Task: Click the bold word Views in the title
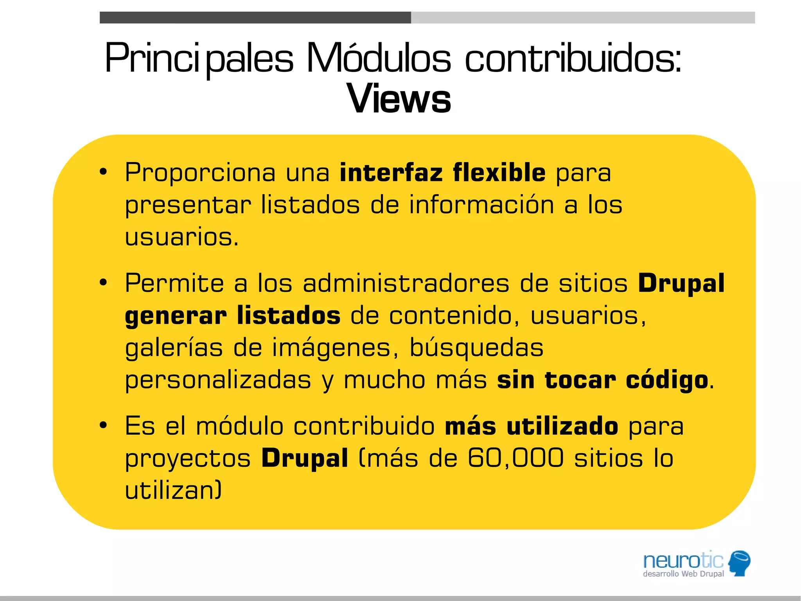[399, 99]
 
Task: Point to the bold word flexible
[499, 173]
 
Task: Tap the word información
[481, 205]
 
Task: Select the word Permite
[174, 283]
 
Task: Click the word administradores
[406, 283]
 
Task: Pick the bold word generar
[176, 316]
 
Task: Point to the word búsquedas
[476, 347]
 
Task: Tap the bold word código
[667, 380]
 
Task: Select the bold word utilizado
[562, 426]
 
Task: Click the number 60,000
[516, 458]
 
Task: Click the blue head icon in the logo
[740, 563]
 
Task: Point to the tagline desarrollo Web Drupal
[683, 574]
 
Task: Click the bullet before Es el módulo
[103, 426]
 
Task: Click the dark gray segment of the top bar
[255, 18]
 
